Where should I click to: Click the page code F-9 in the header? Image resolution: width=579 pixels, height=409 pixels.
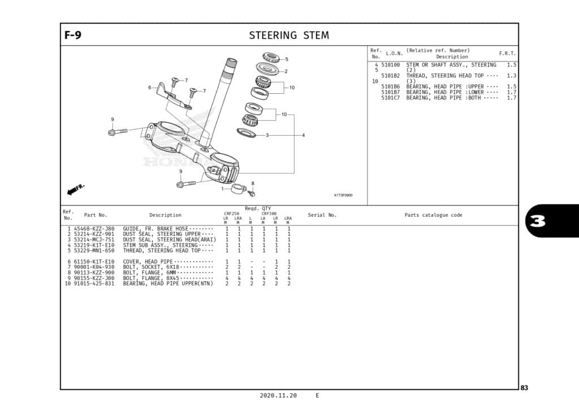point(73,36)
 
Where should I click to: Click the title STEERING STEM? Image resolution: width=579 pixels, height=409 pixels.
point(289,36)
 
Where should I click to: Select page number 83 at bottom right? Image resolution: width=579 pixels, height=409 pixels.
point(524,388)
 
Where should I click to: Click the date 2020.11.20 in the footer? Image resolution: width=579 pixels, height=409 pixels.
point(278,395)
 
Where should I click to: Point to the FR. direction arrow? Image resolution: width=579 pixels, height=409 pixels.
point(75,189)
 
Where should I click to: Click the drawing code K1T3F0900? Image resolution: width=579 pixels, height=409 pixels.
point(343,195)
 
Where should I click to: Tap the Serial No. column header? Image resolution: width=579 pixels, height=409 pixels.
point(322,215)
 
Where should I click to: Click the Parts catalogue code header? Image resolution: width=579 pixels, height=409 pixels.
point(433,215)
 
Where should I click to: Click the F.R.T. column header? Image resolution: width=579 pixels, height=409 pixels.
point(507,53)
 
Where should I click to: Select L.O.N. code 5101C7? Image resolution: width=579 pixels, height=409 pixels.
point(390,98)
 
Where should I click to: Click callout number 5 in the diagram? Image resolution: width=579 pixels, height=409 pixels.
point(286,59)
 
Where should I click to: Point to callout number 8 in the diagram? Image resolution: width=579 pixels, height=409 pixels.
point(253,183)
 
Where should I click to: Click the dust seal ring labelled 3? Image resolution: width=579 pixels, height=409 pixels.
point(247,133)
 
